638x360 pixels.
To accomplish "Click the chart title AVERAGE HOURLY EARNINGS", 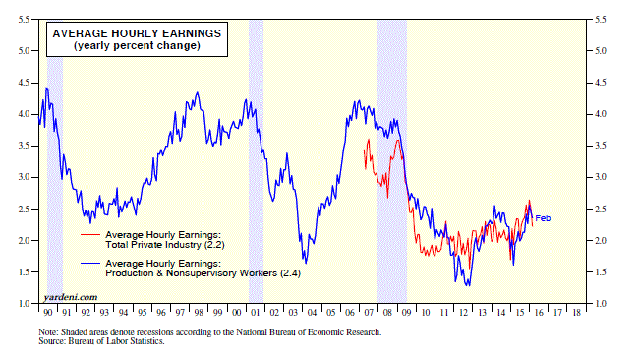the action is (x=137, y=33).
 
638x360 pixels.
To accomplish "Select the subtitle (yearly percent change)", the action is (x=137, y=45).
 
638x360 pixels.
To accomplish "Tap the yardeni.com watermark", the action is (x=71, y=297).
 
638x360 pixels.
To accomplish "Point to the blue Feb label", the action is (x=543, y=218).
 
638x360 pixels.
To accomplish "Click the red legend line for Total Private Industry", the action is (x=90, y=234).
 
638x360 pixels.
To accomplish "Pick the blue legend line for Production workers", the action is (x=90, y=264).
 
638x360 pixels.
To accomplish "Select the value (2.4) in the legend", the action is (x=291, y=273).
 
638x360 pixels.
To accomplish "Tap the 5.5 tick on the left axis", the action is (x=24, y=19).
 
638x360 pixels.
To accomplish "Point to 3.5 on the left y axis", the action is (x=24, y=146).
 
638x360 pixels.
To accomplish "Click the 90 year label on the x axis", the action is (x=47, y=313).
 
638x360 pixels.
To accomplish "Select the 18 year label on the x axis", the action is (x=576, y=313).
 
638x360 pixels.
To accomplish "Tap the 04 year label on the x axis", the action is (x=312, y=313).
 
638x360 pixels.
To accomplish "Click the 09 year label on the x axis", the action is (x=406, y=313).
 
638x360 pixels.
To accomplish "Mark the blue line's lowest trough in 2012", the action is (x=469, y=285).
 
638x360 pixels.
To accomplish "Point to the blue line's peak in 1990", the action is (x=46, y=88).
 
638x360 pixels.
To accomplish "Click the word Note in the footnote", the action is (x=47, y=332).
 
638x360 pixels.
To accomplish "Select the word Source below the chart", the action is (x=52, y=341).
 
